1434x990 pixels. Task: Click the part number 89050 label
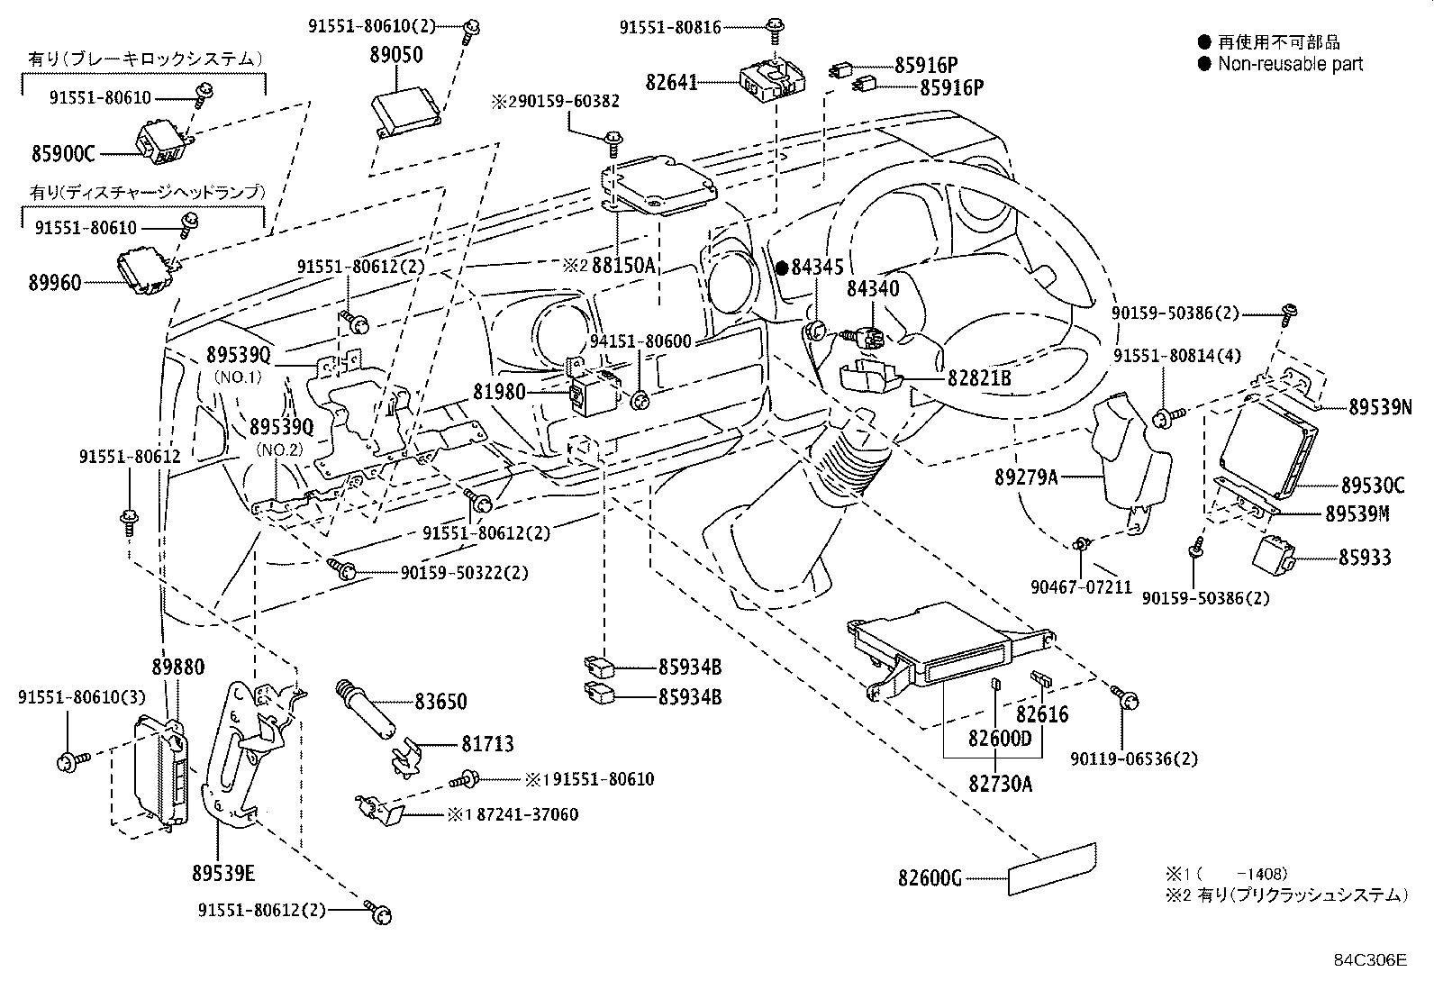395,54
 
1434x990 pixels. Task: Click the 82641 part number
671,83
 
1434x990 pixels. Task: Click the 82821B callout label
978,378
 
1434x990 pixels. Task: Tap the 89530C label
1372,486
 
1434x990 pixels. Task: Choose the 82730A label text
1001,784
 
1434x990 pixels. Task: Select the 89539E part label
223,873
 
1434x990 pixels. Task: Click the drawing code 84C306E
1370,960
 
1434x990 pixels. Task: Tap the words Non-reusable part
1290,64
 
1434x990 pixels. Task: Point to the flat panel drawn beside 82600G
1051,869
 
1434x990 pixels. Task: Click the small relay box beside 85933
1274,552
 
